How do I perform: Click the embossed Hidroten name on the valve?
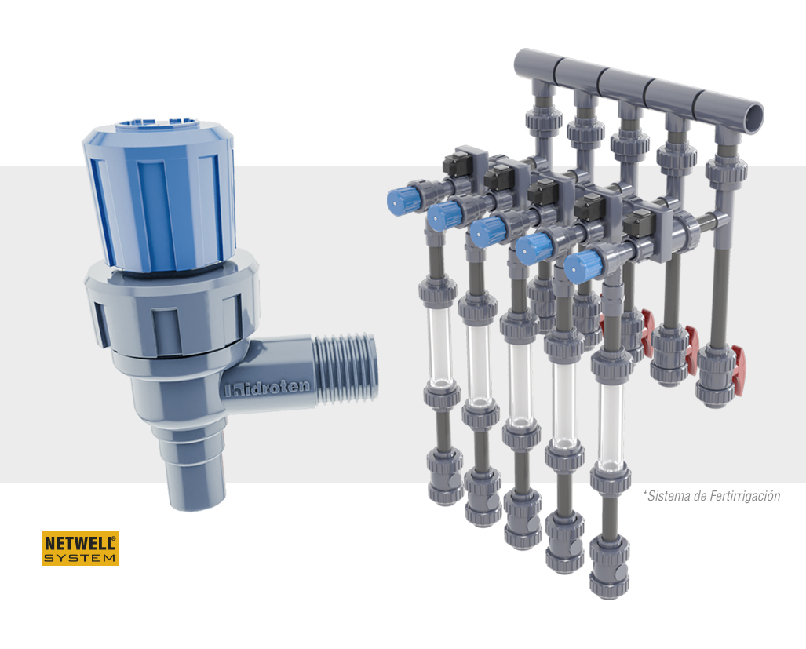[268, 388]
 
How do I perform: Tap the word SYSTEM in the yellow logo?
[80, 558]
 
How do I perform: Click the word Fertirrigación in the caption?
[745, 496]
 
